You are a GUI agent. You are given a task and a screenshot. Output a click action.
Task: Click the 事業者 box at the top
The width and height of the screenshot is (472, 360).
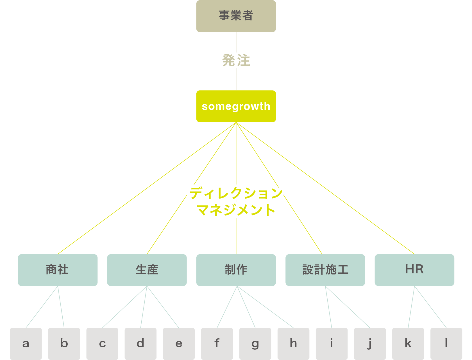[x=236, y=16]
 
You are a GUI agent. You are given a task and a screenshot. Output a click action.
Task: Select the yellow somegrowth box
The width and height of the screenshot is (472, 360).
[x=236, y=106]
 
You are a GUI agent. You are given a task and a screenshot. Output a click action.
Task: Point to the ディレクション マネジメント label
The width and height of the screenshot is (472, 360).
[x=236, y=201]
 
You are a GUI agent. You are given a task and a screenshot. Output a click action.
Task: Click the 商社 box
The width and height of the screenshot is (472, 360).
[x=58, y=270]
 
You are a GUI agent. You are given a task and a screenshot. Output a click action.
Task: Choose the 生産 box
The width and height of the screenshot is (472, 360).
[x=147, y=270]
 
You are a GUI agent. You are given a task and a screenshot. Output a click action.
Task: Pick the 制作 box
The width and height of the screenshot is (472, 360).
[x=236, y=270]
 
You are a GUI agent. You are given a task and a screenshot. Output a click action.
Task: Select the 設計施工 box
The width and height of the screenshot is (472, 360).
[x=325, y=270]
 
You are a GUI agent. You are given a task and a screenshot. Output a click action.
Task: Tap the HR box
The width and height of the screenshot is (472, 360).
[x=414, y=270]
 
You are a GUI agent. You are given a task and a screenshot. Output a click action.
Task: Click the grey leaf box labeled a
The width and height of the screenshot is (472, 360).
[x=26, y=344]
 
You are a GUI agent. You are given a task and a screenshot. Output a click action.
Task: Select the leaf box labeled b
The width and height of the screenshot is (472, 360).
[x=64, y=344]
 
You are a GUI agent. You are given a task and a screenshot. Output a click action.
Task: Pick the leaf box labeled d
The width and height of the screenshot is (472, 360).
[x=140, y=344]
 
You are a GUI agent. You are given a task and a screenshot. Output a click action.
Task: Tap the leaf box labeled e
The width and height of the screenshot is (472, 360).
[x=179, y=344]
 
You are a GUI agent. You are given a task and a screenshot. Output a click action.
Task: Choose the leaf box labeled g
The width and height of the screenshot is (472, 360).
[x=255, y=344]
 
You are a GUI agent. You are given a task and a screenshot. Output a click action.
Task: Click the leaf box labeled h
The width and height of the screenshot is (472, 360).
[x=293, y=344]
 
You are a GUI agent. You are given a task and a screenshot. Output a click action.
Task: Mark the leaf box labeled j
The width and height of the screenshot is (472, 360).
[x=370, y=344]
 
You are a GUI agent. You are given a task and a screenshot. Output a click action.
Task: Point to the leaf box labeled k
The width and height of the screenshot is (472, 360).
[x=408, y=344]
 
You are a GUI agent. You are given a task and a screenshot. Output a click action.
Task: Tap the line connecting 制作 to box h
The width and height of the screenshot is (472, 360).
[x=265, y=307]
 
